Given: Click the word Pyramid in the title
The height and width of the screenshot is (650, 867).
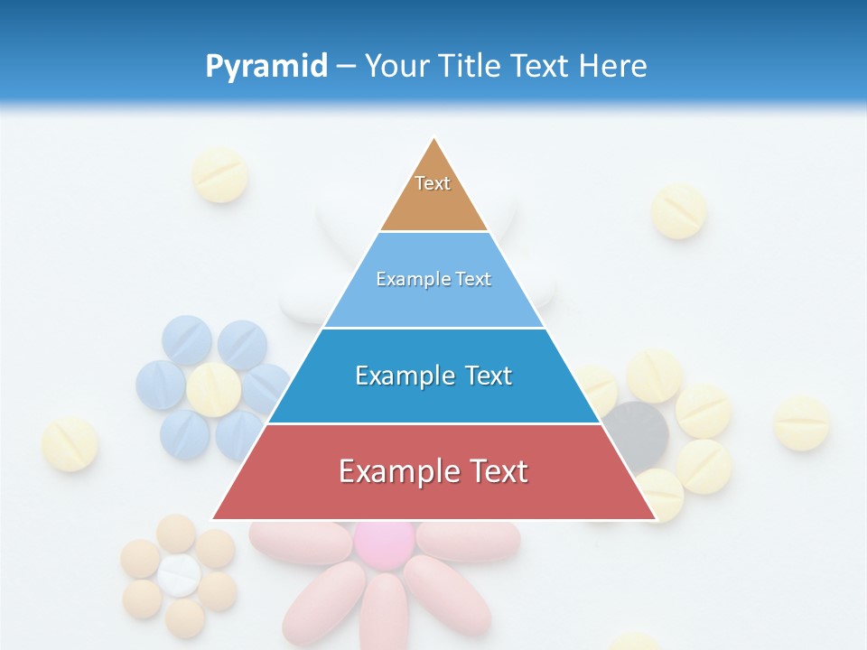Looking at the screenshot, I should click(266, 67).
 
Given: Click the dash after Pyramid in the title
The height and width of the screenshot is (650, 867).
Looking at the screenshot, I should click(346, 67).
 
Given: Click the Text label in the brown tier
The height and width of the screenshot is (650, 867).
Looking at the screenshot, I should click(433, 183).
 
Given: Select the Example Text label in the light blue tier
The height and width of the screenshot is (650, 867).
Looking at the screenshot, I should click(433, 279).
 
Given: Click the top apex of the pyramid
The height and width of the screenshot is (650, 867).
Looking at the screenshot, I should click(433, 138).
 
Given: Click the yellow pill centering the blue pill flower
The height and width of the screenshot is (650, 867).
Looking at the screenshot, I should click(214, 389).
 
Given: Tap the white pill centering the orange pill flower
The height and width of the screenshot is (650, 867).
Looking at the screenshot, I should click(179, 575).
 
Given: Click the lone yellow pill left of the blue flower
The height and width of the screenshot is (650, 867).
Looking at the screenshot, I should click(70, 444).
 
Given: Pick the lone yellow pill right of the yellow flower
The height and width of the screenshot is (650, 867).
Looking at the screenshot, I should click(801, 422).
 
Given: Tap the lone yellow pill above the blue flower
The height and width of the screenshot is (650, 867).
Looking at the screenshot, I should click(220, 175).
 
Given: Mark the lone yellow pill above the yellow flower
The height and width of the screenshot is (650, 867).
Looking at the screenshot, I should click(678, 211).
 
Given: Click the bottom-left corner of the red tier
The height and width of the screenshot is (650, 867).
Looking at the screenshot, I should click(212, 519).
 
